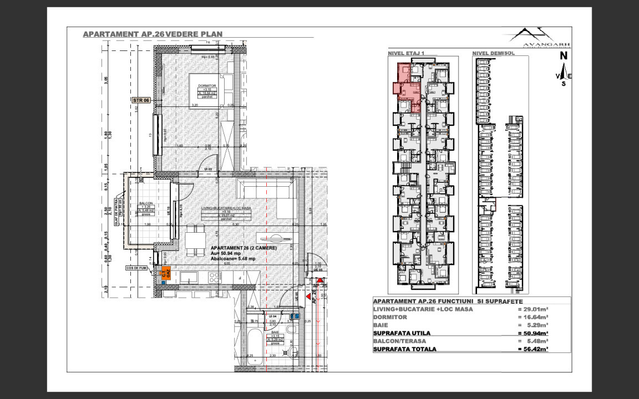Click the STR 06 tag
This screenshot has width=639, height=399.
click(141, 100)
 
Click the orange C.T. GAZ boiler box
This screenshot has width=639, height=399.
click(165, 272)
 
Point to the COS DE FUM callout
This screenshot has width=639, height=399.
click(136, 268)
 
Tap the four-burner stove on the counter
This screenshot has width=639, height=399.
click(214, 277)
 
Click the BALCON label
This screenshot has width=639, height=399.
click(146, 203)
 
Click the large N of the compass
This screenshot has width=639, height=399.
click(563, 55)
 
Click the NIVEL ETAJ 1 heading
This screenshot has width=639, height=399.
click(406, 53)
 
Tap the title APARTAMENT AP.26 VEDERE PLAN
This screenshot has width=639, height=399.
click(153, 34)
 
